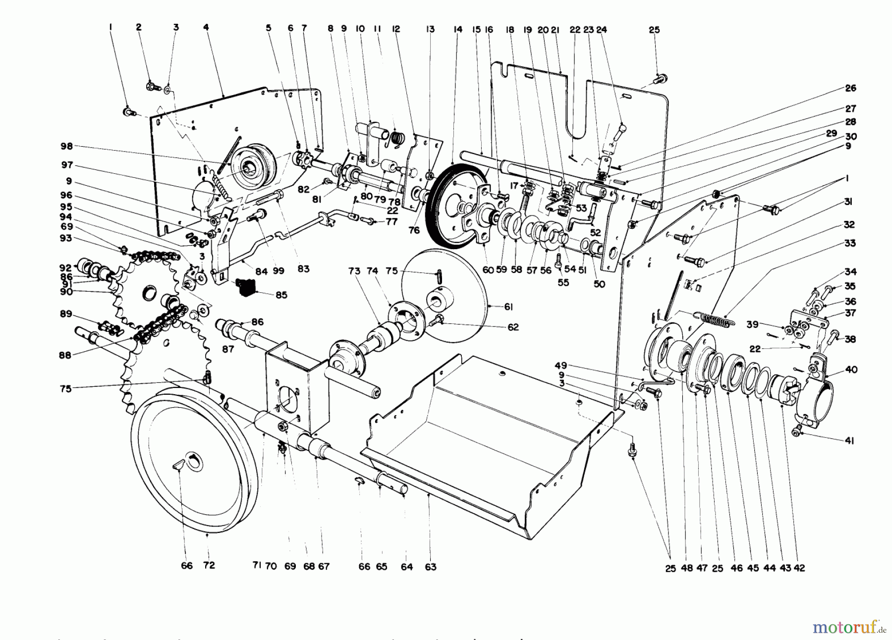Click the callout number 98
(x=66, y=146)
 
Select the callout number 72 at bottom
(x=209, y=565)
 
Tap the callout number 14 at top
(x=457, y=30)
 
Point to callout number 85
(x=281, y=295)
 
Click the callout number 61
(x=508, y=308)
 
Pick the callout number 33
(x=850, y=243)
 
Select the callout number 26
(x=850, y=88)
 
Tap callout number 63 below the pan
(x=430, y=567)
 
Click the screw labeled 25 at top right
(x=660, y=78)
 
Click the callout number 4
(x=206, y=27)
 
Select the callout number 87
(x=228, y=349)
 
